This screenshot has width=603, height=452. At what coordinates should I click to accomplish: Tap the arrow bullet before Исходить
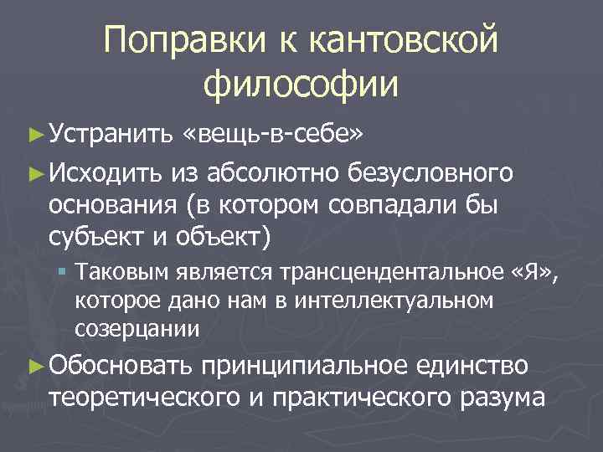pyautogui.click(x=34, y=173)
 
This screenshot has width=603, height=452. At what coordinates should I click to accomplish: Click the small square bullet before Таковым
pyautogui.click(x=63, y=272)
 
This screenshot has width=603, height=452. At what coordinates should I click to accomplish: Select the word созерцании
pyautogui.click(x=137, y=328)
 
